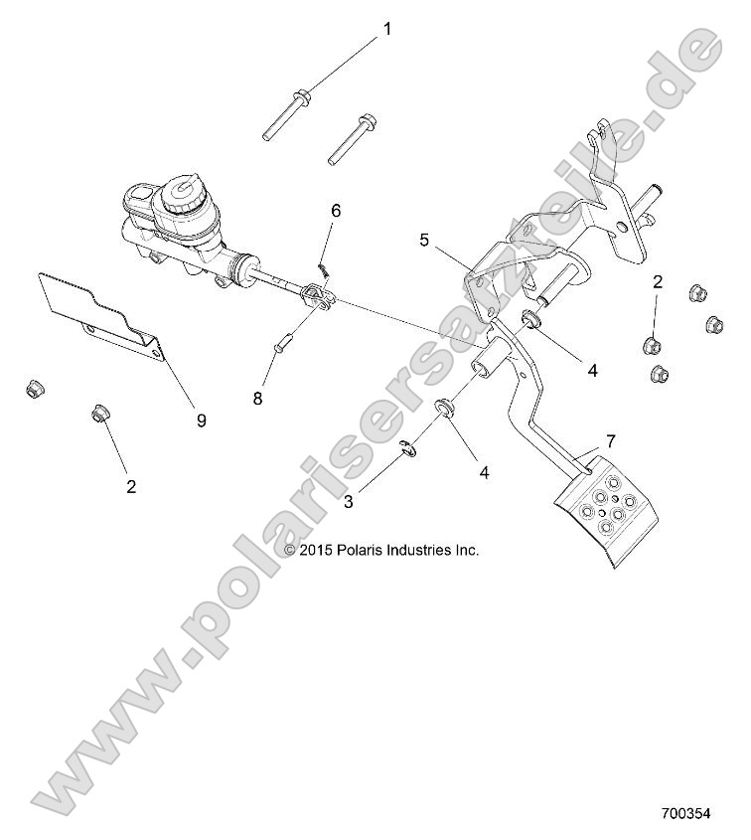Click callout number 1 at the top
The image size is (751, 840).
coord(387,29)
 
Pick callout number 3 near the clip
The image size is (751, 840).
coord(349,502)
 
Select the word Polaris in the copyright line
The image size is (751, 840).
coord(364,549)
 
